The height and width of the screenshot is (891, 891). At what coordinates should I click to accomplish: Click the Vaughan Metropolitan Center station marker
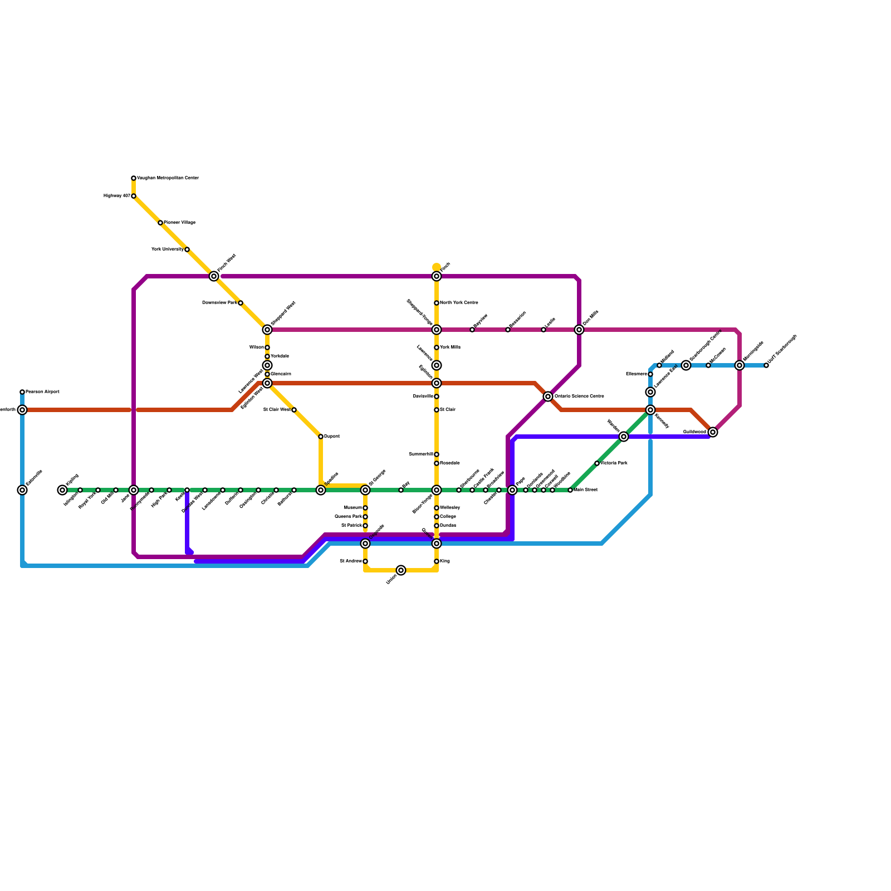pyautogui.click(x=134, y=178)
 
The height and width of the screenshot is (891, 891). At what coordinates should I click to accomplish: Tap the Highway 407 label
pyautogui.click(x=117, y=196)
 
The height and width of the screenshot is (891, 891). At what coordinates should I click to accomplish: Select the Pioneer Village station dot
pyautogui.click(x=160, y=223)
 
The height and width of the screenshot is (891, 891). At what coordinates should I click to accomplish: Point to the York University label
pyautogui.click(x=167, y=249)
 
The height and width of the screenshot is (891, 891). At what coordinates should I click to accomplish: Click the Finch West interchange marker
pyautogui.click(x=214, y=276)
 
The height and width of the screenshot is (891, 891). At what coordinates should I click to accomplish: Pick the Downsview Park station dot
pyautogui.click(x=241, y=303)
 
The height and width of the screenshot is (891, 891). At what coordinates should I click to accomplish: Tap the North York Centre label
pyautogui.click(x=459, y=303)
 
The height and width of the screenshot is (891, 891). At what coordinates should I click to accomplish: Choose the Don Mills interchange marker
pyautogui.click(x=579, y=330)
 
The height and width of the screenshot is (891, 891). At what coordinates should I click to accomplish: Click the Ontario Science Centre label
pyautogui.click(x=579, y=396)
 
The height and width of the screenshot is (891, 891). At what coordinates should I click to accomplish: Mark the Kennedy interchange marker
pyautogui.click(x=650, y=410)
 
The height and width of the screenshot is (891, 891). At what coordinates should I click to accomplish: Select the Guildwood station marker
pyautogui.click(x=713, y=432)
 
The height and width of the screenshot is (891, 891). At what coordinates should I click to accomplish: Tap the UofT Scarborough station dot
pyautogui.click(x=766, y=365)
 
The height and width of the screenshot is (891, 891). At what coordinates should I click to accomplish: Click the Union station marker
pyautogui.click(x=401, y=570)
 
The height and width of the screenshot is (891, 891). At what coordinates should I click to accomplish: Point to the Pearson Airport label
pyautogui.click(x=42, y=392)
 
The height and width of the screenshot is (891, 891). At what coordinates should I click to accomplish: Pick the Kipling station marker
pyautogui.click(x=62, y=490)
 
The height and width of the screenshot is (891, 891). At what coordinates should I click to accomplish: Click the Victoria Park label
pyautogui.click(x=614, y=463)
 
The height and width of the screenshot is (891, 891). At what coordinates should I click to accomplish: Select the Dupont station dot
pyautogui.click(x=321, y=437)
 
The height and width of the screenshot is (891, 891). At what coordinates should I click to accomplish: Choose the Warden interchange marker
pyautogui.click(x=624, y=437)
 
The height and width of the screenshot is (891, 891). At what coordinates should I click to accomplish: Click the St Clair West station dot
pyautogui.click(x=294, y=410)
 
